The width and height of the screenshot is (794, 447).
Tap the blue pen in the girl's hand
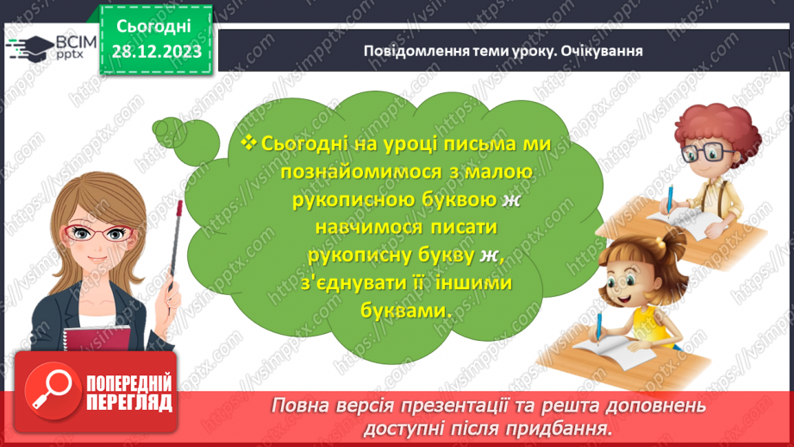tap(597, 329)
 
